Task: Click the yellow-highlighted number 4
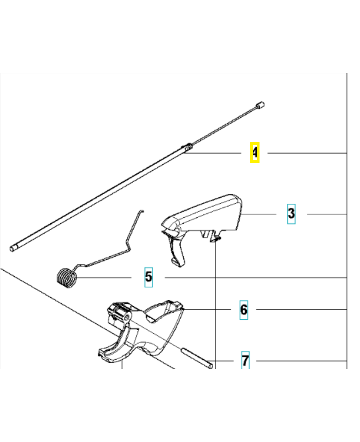(255, 152)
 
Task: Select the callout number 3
(292, 214)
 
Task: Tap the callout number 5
(149, 277)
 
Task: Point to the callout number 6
(243, 310)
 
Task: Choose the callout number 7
(245, 360)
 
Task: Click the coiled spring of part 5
(66, 278)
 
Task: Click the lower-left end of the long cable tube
(13, 248)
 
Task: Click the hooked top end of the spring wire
(142, 211)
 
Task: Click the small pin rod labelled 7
(197, 358)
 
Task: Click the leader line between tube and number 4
(213, 153)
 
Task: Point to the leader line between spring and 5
(104, 278)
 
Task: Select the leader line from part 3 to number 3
(258, 214)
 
